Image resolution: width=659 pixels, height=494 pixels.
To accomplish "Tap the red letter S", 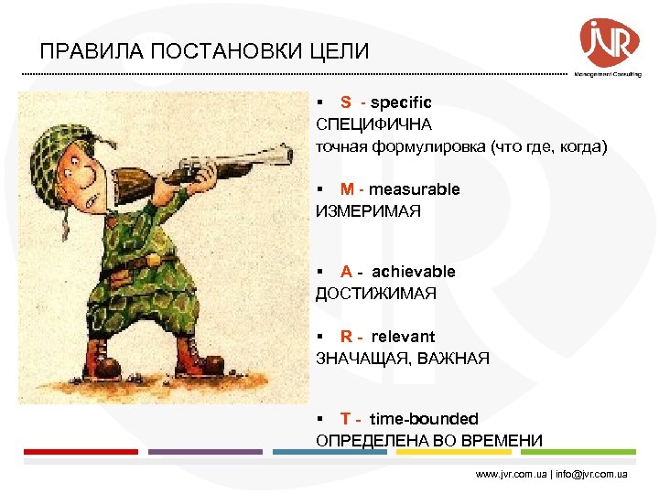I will [346, 102].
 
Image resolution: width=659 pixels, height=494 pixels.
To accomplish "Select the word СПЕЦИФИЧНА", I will [373, 123].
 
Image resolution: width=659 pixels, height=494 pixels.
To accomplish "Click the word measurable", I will [415, 189].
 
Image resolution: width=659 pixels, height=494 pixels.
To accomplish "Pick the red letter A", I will [346, 272].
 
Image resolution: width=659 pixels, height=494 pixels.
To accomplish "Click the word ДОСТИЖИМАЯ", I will [376, 294].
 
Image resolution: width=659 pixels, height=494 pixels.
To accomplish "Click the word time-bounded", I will [424, 419].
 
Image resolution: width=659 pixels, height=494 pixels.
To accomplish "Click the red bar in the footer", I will [81, 452].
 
